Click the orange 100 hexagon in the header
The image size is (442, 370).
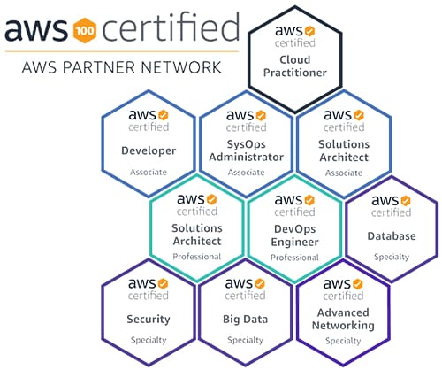pos(85,30)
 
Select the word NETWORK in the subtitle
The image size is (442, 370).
pos(181,67)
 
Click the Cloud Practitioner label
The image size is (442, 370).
pos(295,66)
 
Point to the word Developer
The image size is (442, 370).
pos(149,150)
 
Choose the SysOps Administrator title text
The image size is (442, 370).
pos(247,150)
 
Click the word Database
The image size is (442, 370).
pos(392,236)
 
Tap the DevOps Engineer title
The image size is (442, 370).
pos(294,235)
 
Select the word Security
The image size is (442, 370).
pos(149,320)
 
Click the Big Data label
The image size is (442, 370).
pos(246,320)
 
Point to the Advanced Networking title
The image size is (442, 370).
pos(343,319)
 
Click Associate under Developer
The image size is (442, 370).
pos(149,172)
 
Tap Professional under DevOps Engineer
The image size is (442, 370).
pos(294,258)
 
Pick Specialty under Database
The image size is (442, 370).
pos(392,257)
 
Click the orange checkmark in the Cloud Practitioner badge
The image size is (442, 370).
pos(309,31)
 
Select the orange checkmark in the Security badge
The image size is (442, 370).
pos(163,283)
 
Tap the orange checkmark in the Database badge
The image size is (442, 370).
pos(406,200)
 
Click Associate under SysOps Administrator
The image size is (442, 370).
pos(247,173)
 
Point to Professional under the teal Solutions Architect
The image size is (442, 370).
pos(197,257)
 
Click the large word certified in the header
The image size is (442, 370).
pos(171,27)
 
